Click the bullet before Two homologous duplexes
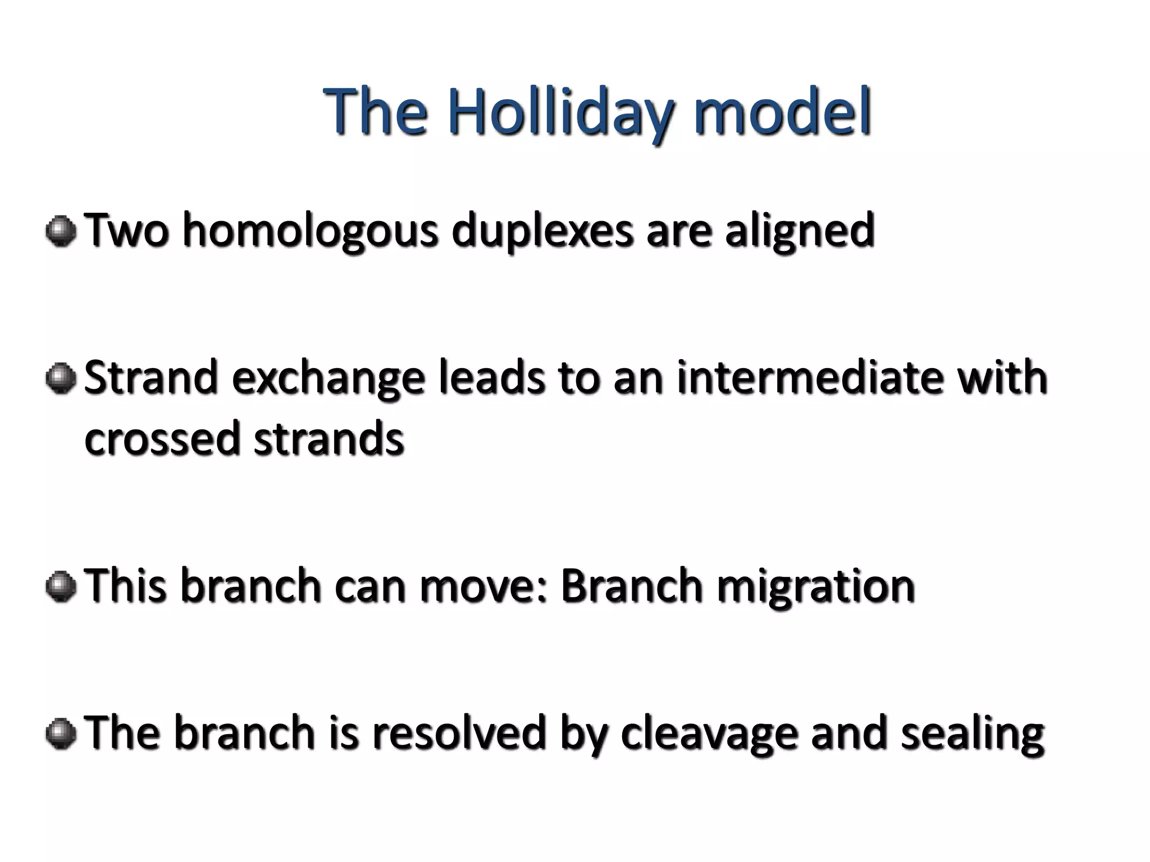click(61, 231)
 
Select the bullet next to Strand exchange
click(61, 379)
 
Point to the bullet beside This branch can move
click(61, 587)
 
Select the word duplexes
click(542, 231)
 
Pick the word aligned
click(800, 231)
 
